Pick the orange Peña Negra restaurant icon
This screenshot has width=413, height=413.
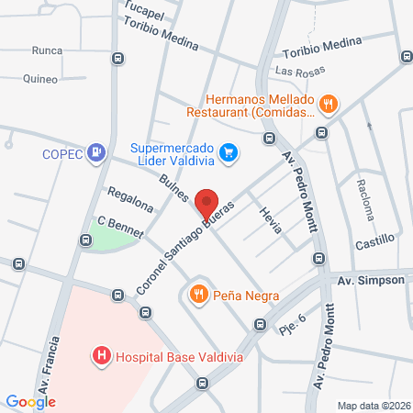pos(197,295)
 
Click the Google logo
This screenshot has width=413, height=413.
pos(31,401)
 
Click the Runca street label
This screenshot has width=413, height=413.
pos(47,51)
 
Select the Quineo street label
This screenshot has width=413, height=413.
pos(40,79)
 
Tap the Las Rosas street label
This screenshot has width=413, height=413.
pos(295,71)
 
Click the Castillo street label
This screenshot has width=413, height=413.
pos(374,240)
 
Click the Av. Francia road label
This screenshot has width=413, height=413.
pos(50,363)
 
